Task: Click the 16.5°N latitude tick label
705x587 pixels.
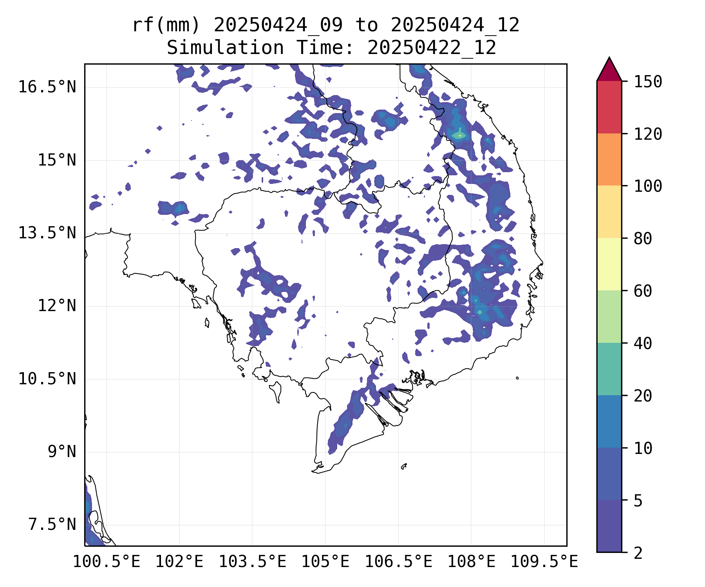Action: pos(47,87)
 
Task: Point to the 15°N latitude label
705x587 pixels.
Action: pos(57,160)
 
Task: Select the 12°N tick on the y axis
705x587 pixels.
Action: pos(57,306)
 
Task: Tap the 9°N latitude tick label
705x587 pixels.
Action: pos(62,452)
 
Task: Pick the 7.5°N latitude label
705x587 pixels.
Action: pos(52,524)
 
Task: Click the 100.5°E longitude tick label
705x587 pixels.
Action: pos(107,562)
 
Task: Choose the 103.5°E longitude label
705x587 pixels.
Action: pos(252,562)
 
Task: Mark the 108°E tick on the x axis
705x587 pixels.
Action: pos(471,562)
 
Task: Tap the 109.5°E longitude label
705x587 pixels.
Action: pos(544,562)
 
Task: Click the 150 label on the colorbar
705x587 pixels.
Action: pos(648,82)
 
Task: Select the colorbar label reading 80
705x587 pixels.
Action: pos(643,238)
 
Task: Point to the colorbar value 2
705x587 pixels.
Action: pos(638,553)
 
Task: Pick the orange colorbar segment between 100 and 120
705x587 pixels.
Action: pos(609,159)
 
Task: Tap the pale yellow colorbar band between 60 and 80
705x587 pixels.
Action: pos(609,264)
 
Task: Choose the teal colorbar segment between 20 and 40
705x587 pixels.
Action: pos(609,369)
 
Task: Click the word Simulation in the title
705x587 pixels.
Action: pos(225,48)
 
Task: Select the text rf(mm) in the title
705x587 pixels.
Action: pos(166,25)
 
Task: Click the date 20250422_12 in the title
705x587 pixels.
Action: pos(432,48)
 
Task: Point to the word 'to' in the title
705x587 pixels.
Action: pos(367,25)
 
